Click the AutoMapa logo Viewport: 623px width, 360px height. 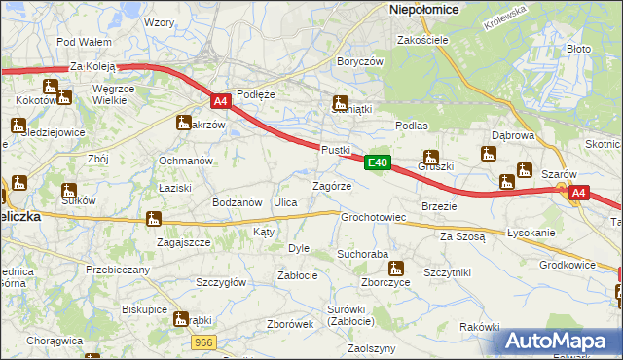(x=557, y=342)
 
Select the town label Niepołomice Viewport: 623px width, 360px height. (x=424, y=8)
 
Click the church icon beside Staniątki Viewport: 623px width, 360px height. (x=341, y=102)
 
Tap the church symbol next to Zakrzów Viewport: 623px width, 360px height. (x=183, y=123)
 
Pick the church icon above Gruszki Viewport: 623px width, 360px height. (x=430, y=157)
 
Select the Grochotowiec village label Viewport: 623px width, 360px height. (x=373, y=217)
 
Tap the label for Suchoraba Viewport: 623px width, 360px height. (x=362, y=254)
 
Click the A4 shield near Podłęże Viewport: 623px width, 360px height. (x=220, y=100)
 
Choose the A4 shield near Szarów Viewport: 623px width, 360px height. (x=578, y=194)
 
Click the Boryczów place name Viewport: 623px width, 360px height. (x=359, y=60)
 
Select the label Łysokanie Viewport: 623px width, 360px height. (x=531, y=234)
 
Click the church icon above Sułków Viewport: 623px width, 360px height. (x=68, y=190)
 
